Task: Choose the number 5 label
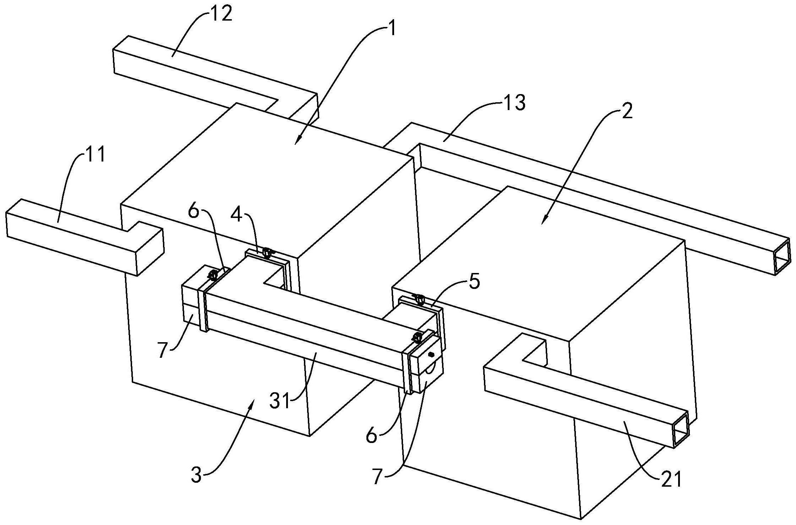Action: coord(473,281)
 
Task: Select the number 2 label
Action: coord(627,111)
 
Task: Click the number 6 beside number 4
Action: coord(194,212)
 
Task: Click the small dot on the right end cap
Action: coord(432,354)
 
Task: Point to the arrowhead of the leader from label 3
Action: coord(252,403)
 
